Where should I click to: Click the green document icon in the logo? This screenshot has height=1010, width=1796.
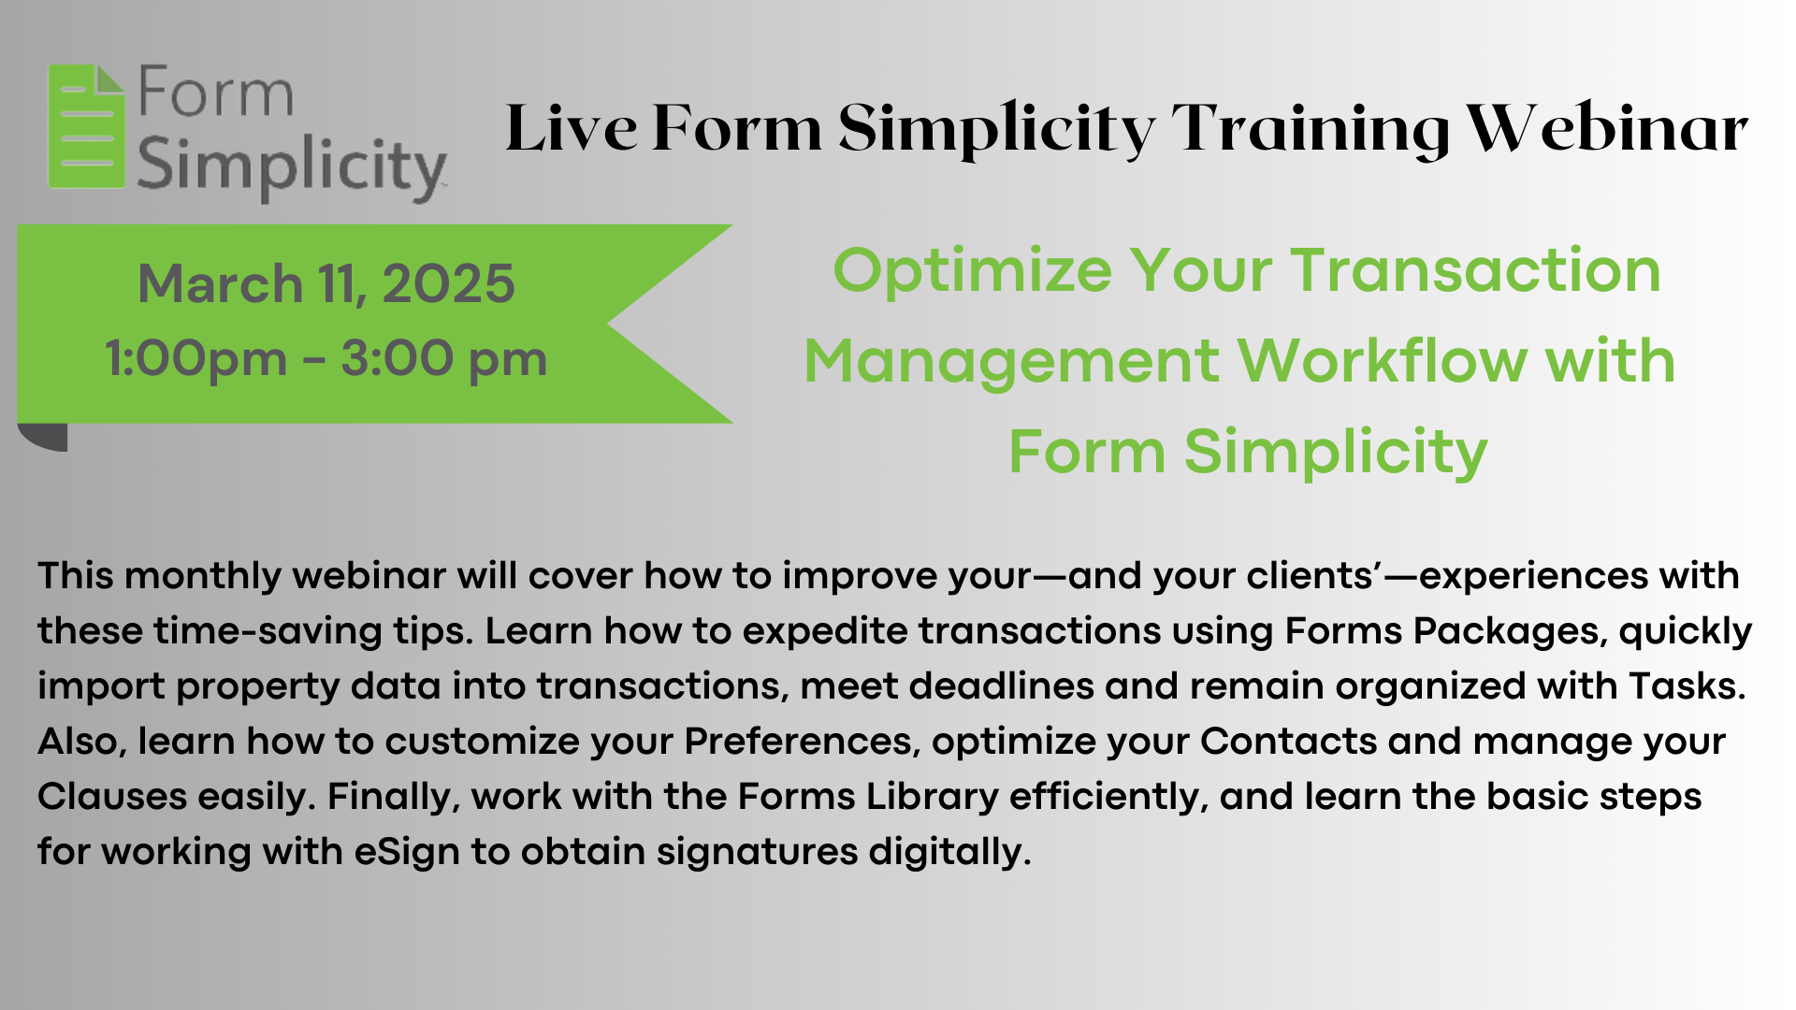(86, 126)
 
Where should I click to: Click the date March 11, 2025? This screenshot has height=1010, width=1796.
(326, 283)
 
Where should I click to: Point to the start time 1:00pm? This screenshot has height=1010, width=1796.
(196, 358)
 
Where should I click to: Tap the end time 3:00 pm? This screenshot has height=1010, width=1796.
(443, 358)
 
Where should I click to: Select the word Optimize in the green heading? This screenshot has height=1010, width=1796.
(973, 271)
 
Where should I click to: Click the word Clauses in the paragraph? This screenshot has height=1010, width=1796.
(112, 797)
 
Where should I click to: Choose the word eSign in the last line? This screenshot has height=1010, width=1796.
(407, 852)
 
